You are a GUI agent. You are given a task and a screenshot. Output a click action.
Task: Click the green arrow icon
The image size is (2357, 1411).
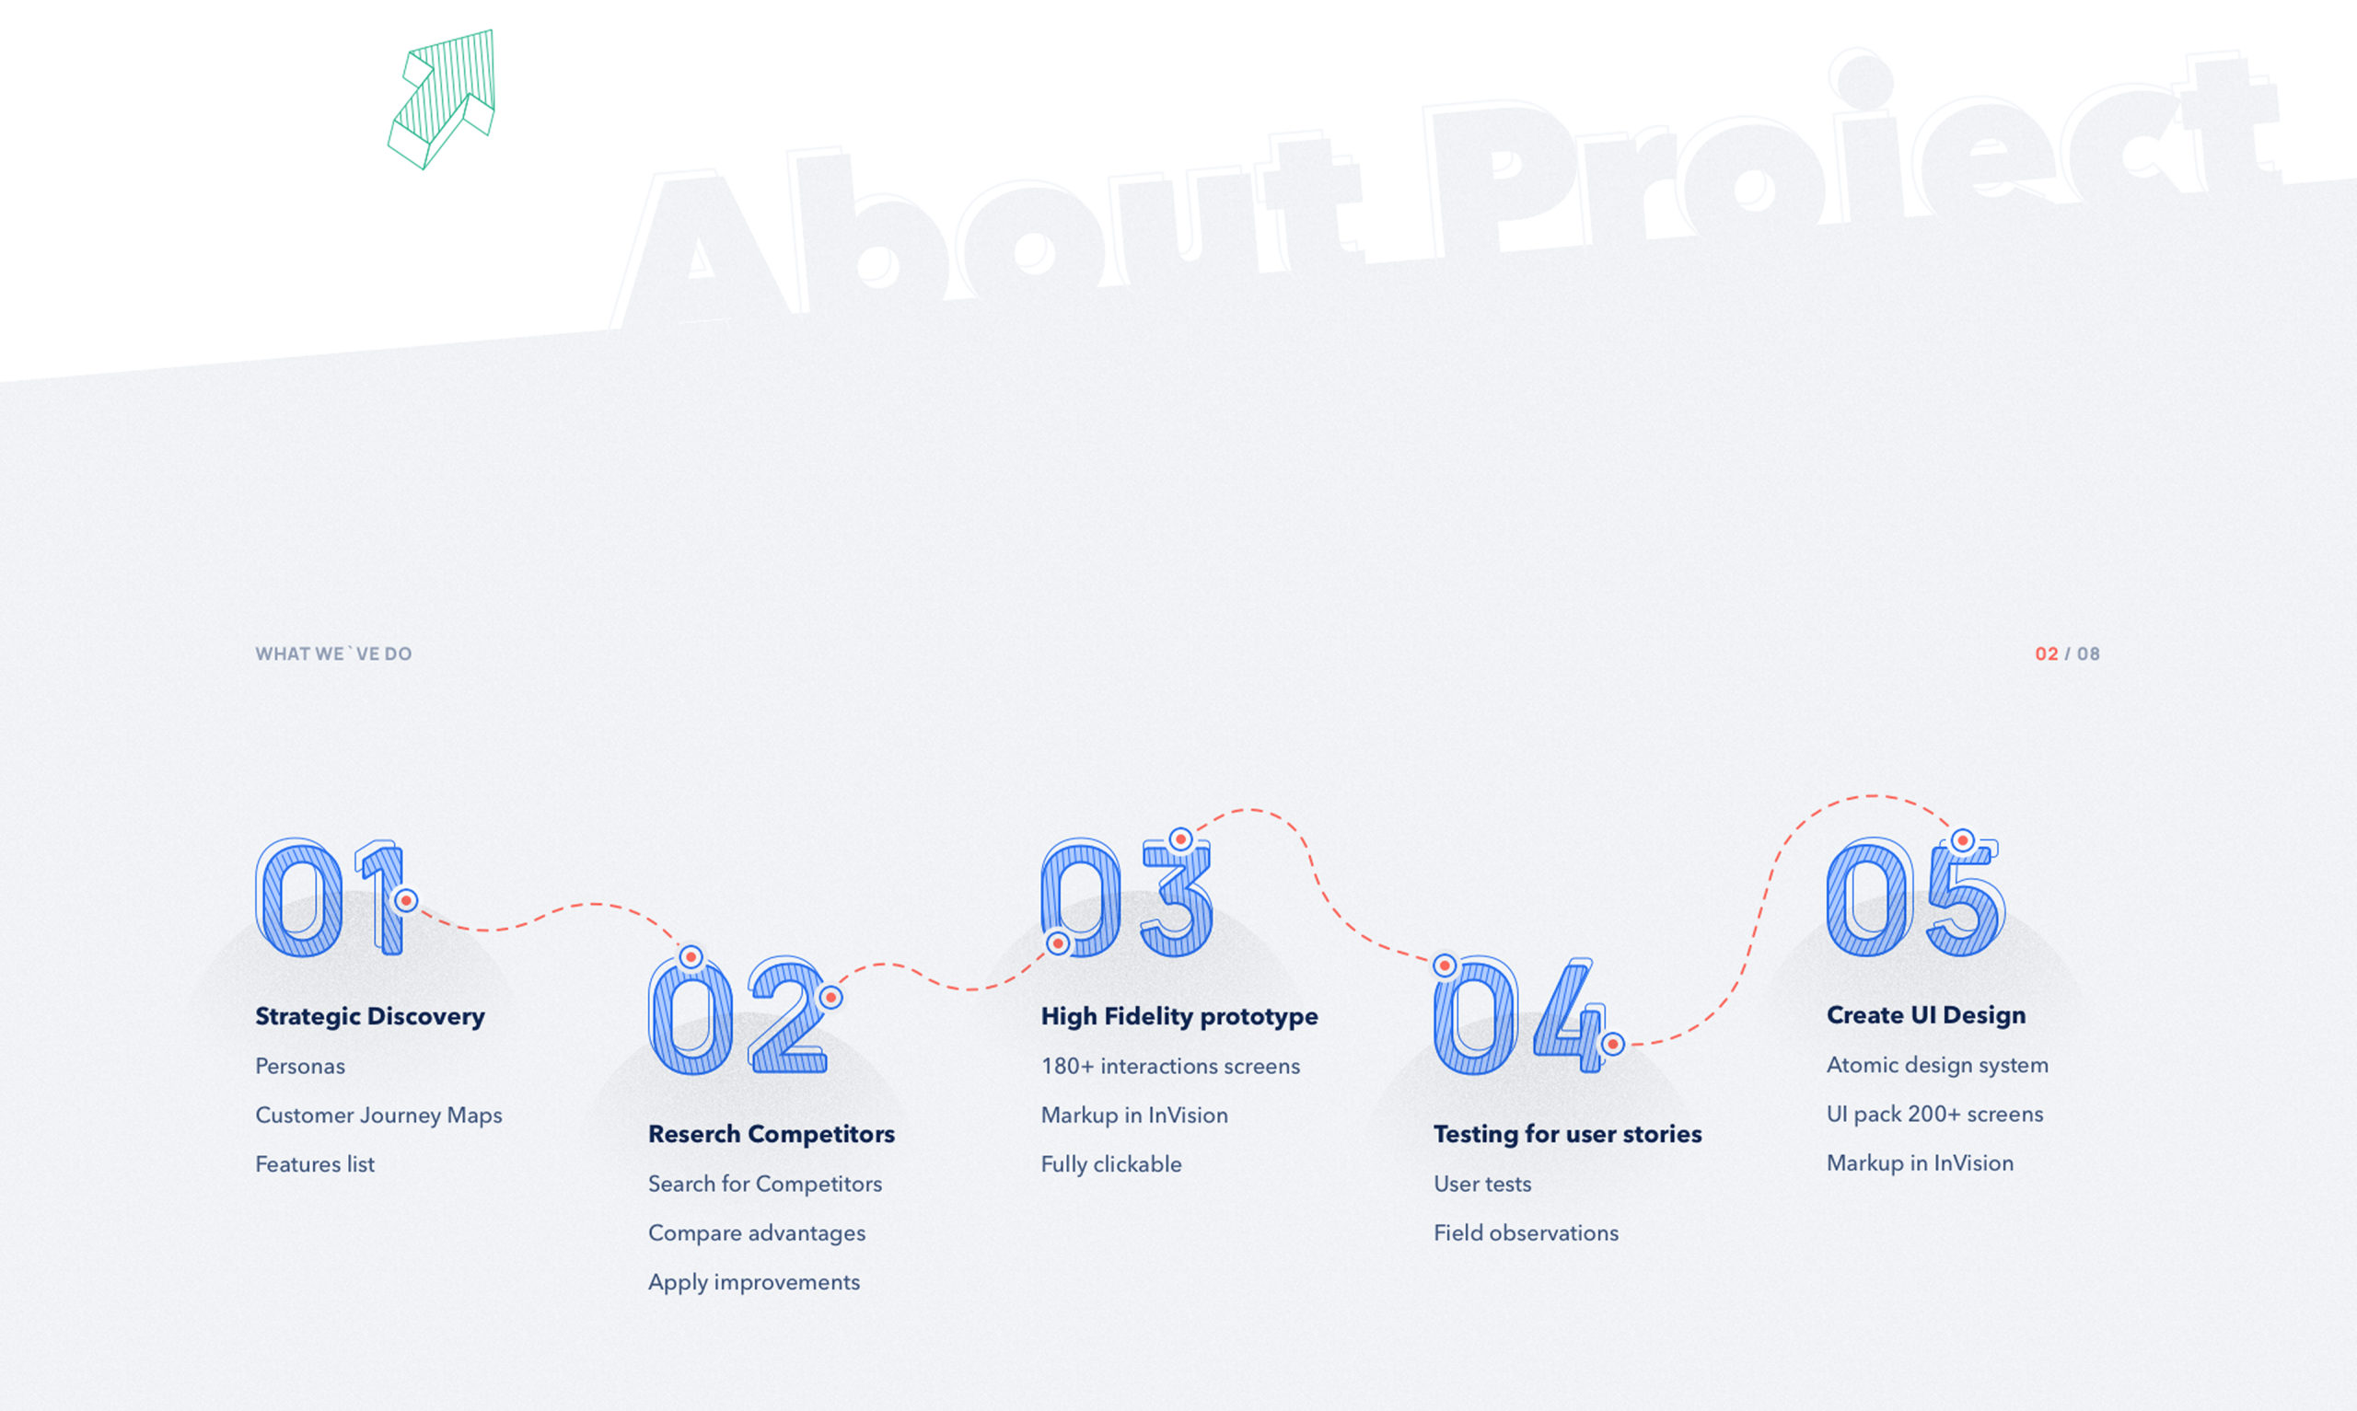(441, 99)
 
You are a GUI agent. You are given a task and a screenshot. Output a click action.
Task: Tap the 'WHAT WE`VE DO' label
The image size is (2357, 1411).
(333, 654)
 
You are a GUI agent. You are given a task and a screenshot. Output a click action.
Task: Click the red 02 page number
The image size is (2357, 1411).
(2046, 654)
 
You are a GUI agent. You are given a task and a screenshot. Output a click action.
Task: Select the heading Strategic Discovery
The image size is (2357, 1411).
(370, 1016)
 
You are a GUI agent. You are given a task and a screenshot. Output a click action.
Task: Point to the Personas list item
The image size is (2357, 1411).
(299, 1066)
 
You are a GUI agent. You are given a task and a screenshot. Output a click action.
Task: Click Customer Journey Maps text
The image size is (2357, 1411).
(378, 1116)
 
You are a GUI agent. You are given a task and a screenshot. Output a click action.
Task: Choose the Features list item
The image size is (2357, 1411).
(315, 1163)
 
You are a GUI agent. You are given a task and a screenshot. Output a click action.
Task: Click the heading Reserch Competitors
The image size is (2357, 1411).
(771, 1134)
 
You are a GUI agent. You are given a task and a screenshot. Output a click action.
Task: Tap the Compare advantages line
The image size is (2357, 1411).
(757, 1233)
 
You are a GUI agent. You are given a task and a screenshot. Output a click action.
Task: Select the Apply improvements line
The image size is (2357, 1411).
(754, 1283)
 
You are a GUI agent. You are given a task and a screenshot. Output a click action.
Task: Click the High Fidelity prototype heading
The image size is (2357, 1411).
(1179, 1016)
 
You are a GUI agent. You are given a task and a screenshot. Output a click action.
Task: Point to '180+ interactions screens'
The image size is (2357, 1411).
(1170, 1066)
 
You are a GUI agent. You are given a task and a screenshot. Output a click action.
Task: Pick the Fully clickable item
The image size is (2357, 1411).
(1111, 1163)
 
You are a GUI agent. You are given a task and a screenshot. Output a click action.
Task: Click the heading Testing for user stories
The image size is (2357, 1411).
(1568, 1134)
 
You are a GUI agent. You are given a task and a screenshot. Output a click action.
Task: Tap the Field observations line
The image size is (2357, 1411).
(1526, 1233)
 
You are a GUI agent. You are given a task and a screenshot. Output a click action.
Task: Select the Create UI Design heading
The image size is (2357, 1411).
(1926, 1015)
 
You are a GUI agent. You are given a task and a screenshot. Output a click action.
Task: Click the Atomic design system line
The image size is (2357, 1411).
(1938, 1065)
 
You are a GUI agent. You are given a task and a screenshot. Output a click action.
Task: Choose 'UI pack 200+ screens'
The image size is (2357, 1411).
(1934, 1115)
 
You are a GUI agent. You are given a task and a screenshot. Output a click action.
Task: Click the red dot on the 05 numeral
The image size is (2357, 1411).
(1962, 840)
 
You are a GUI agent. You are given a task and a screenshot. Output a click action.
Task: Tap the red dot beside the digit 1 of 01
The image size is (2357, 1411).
(406, 899)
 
